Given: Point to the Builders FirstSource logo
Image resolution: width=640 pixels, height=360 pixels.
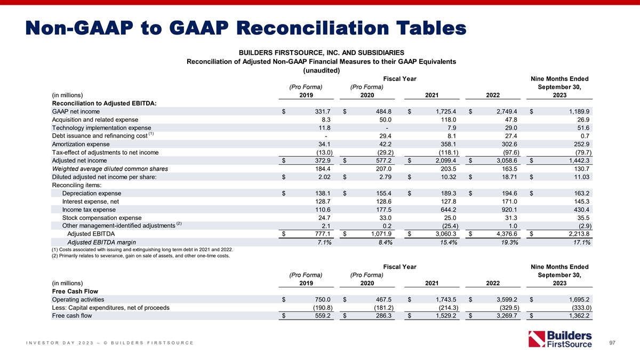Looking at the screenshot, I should pos(559,340).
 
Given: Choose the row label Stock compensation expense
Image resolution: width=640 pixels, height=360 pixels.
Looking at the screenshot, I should pos(102,218).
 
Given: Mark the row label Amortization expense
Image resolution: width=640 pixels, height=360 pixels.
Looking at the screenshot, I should pos(81,144).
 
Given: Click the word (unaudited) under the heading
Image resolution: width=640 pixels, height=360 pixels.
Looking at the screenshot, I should pos(322,70).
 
